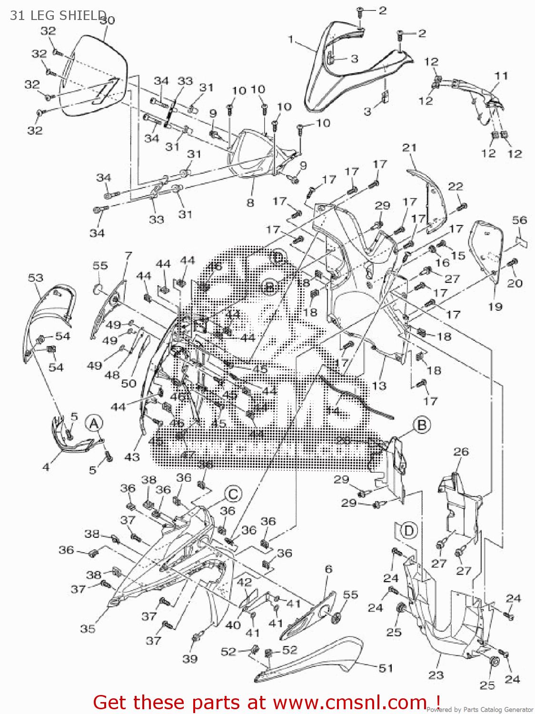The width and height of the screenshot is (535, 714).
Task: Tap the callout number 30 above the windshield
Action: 108,20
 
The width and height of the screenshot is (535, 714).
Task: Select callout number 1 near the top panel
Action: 291,39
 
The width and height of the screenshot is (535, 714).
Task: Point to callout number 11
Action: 501,76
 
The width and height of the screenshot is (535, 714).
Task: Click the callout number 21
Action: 409,148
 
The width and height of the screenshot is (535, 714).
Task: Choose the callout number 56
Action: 519,220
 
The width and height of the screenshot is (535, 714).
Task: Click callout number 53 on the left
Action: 36,278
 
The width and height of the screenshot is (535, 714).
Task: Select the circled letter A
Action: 94,423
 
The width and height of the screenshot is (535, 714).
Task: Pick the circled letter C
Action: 233,494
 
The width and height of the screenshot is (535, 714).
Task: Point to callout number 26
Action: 461,451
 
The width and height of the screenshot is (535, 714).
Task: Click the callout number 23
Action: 436,674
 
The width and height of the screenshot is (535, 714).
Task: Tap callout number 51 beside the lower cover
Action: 386,668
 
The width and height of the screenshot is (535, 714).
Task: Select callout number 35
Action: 88,629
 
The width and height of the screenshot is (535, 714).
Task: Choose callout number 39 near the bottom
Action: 190,659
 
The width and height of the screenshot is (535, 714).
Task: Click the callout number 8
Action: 250,203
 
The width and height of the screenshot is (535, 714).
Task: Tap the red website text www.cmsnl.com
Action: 350,702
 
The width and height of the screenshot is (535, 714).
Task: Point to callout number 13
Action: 379,386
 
